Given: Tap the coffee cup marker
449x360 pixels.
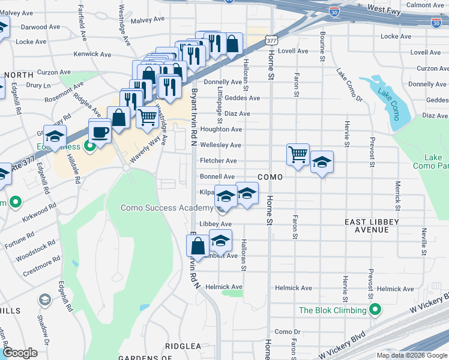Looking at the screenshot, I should click(x=99, y=131).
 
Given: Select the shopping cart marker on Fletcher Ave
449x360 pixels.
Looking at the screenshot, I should click(x=298, y=155).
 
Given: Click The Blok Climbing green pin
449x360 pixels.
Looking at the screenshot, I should click(x=375, y=310).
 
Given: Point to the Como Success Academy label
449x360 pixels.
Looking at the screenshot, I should click(x=167, y=208).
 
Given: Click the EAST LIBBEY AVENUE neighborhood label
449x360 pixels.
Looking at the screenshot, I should click(x=371, y=226).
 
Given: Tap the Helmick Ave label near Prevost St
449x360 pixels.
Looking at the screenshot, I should click(x=396, y=289).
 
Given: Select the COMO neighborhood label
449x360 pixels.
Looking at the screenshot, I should click(x=270, y=177).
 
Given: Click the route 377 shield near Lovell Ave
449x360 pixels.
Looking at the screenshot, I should click(x=271, y=40).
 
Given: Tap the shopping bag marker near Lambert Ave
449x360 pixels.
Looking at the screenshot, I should click(x=197, y=247).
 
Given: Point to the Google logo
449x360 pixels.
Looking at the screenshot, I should click(x=20, y=353).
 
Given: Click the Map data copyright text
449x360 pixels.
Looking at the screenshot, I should click(x=411, y=355).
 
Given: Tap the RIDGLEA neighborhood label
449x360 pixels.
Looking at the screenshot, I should click(x=183, y=346).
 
